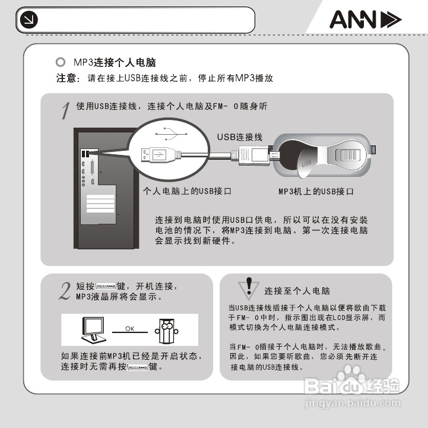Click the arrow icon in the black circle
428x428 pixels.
[27, 20]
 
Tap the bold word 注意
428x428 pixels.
[67, 78]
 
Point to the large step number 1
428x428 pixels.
[66, 110]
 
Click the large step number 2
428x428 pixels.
[65, 290]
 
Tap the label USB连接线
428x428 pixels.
[239, 137]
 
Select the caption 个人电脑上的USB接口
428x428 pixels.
[188, 192]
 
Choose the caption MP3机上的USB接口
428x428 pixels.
[316, 192]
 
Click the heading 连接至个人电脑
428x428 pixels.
[297, 291]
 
